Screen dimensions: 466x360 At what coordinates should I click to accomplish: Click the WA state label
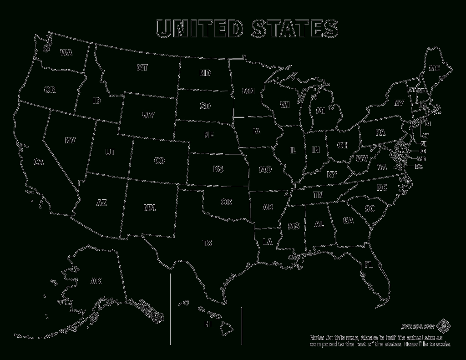coord(66,52)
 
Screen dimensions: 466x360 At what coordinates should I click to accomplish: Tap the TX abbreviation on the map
coord(207,243)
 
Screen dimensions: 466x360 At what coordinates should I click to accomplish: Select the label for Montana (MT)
coord(142,68)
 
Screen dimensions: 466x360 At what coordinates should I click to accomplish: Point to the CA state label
coord(38,162)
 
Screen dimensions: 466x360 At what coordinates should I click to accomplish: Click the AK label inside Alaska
coord(96,281)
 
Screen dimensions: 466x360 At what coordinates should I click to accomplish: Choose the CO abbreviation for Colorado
coord(159,160)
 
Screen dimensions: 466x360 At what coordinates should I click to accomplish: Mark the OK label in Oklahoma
coord(227,202)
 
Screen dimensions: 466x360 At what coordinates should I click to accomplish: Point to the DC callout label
coord(419,167)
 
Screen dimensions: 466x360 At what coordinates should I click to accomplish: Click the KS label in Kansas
coord(218,170)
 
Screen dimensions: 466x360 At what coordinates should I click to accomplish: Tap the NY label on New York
coord(399,103)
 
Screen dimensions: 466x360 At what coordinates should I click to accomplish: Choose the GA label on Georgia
coord(349,221)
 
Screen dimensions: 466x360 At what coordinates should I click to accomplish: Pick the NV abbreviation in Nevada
coord(70,141)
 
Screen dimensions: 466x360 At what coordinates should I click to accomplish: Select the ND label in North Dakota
coord(205,73)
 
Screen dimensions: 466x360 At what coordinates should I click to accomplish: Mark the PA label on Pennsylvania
coord(380,133)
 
